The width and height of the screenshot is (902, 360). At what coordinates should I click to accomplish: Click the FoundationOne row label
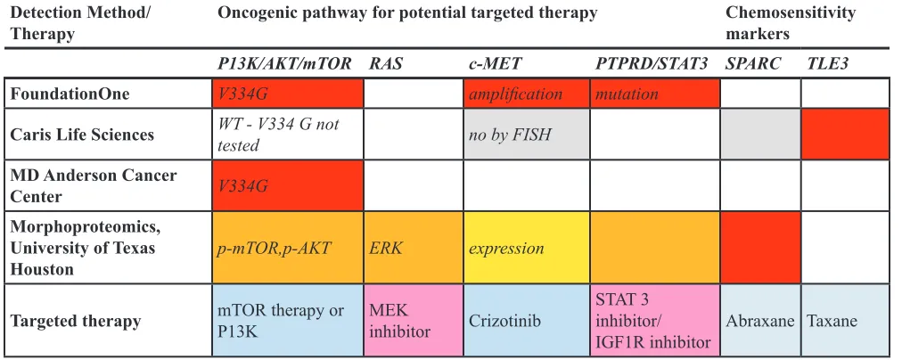(x=70, y=94)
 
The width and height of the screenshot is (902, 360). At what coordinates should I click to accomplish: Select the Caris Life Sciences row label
(x=82, y=134)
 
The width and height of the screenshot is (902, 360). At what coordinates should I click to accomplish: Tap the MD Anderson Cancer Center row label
(x=94, y=185)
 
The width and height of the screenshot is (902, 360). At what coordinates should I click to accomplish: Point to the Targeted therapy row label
(x=76, y=320)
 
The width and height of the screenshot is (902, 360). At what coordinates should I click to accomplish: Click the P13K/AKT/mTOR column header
(x=284, y=63)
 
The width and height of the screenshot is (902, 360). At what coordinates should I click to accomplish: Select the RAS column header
(x=385, y=63)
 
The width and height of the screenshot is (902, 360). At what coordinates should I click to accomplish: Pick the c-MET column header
(x=495, y=63)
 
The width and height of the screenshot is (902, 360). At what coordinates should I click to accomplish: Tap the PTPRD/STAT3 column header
(x=652, y=63)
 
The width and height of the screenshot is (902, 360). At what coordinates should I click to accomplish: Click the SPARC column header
(x=753, y=63)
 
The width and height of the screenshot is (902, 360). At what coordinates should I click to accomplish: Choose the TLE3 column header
(x=825, y=63)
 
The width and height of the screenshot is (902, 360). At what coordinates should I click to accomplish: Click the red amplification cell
(x=527, y=94)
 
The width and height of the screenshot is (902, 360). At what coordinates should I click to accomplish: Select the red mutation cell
(x=654, y=94)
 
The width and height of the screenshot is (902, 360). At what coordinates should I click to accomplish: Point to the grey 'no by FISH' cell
(x=527, y=134)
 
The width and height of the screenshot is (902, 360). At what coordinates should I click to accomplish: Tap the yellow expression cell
(x=527, y=248)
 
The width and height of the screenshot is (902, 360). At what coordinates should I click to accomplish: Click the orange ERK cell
(x=414, y=248)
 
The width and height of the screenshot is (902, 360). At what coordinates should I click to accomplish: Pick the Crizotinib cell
(x=527, y=320)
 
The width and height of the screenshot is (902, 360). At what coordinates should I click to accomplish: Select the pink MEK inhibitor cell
(x=414, y=320)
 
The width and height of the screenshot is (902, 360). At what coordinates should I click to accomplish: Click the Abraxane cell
(x=760, y=320)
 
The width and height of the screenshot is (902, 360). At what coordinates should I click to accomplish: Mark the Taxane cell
(x=845, y=320)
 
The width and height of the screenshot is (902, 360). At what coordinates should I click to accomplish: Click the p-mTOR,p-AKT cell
(x=288, y=248)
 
